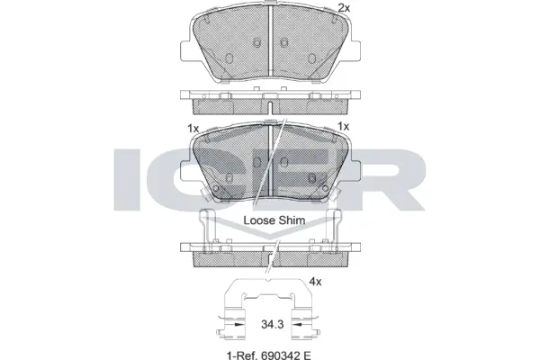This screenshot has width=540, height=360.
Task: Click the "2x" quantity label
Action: coord(343,8)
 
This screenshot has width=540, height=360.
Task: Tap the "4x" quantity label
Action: coord(315,282)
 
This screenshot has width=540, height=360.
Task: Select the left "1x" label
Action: coord(193,128)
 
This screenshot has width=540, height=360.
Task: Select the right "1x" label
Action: coord(343,128)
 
